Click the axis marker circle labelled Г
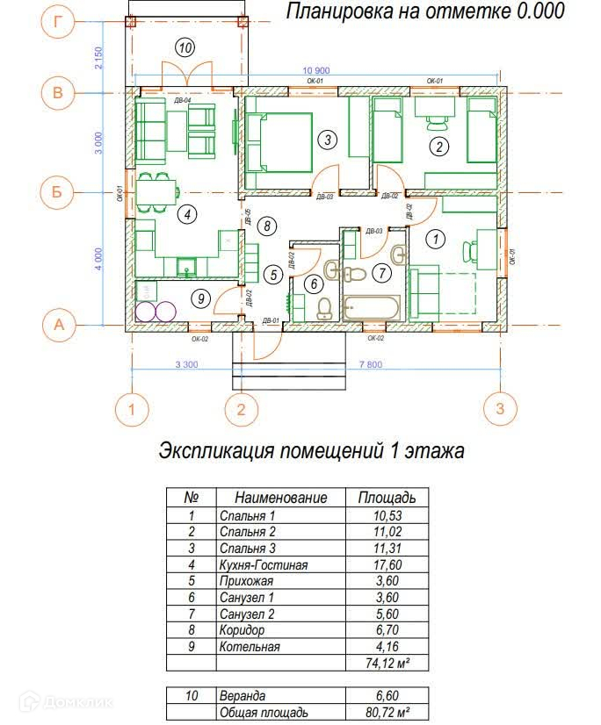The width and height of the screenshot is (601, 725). (x=58, y=23)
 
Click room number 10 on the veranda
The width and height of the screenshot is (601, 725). (x=184, y=47)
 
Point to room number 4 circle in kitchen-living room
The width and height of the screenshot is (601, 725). (x=185, y=213)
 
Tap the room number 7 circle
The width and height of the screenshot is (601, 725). (x=380, y=273)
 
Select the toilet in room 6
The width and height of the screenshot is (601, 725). (x=323, y=306)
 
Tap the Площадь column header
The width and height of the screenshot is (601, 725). (x=387, y=498)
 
